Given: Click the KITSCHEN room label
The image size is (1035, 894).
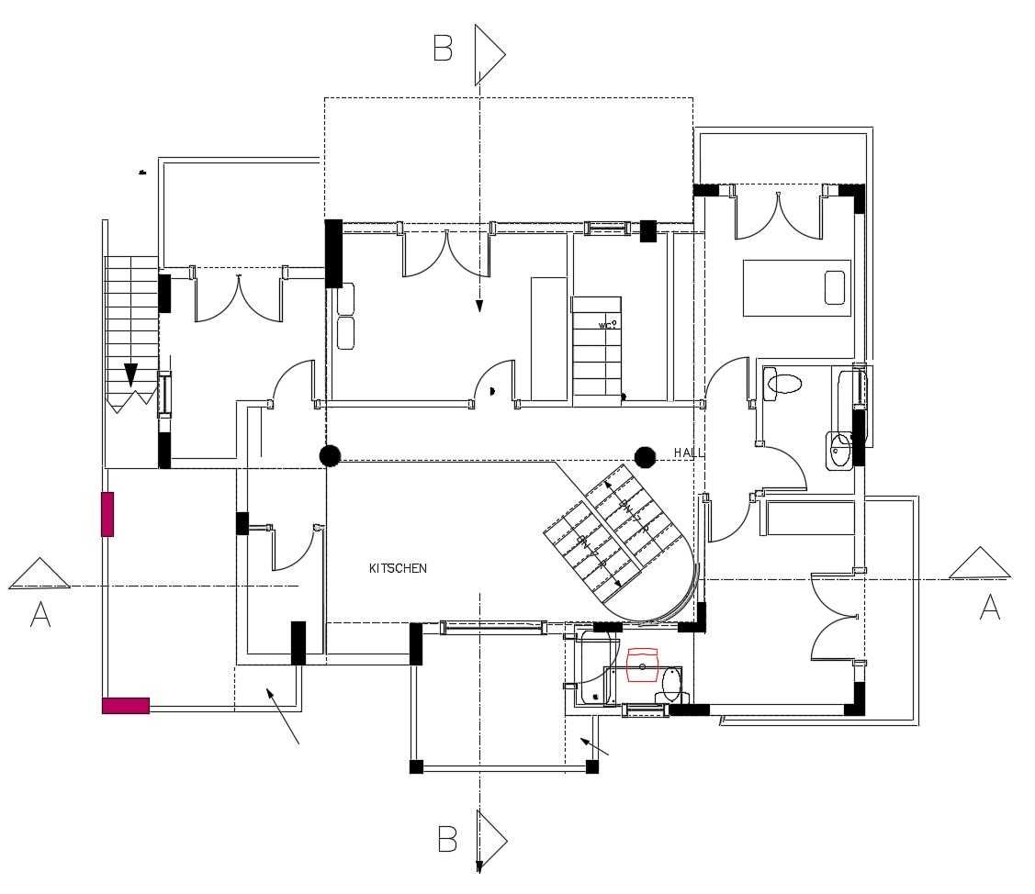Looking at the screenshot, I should (x=398, y=569).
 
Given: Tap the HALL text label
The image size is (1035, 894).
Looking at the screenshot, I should (x=689, y=453).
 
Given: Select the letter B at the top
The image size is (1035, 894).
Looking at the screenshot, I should (x=443, y=49).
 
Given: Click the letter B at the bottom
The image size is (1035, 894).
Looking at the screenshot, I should (x=446, y=839).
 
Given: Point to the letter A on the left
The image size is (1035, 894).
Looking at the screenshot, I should (x=39, y=614).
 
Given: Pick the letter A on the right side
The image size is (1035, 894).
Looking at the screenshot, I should (x=989, y=607).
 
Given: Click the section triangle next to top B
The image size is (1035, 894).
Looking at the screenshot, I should (x=489, y=55).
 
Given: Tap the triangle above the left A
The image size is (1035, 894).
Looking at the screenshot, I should (x=39, y=575).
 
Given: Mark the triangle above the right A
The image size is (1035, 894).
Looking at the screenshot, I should (x=979, y=564).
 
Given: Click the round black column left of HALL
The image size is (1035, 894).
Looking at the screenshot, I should (x=645, y=455).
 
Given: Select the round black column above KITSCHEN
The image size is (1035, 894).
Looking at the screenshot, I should (x=330, y=454).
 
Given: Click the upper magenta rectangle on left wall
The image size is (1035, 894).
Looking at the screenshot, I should (x=107, y=514).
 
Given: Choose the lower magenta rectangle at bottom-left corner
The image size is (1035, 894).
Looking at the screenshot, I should (x=125, y=705).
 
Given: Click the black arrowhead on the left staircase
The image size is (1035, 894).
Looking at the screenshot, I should (x=130, y=374).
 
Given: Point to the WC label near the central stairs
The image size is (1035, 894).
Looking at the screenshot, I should (x=606, y=325).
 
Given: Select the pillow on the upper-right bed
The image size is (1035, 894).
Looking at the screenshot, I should (x=835, y=287).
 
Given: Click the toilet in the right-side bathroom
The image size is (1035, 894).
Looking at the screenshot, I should (x=783, y=384).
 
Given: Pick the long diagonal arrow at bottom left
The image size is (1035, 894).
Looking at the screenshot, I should (x=283, y=716).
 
